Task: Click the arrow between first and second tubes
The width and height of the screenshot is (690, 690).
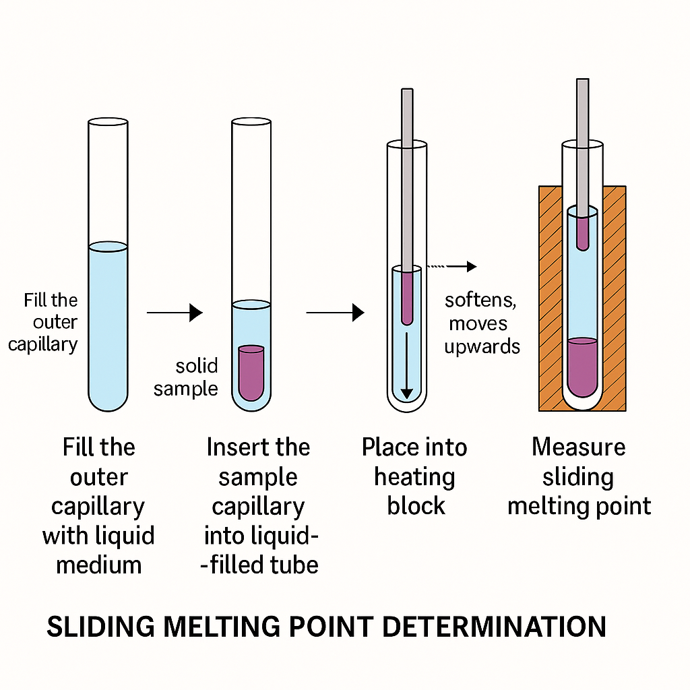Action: click(x=175, y=312)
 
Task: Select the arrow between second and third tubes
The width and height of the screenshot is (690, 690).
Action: click(x=335, y=312)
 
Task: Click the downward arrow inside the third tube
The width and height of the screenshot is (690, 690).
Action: click(x=406, y=364)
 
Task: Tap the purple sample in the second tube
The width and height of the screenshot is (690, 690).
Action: click(x=251, y=372)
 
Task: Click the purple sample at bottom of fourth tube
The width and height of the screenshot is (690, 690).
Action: click(x=583, y=367)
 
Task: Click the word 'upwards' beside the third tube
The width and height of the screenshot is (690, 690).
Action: click(x=485, y=346)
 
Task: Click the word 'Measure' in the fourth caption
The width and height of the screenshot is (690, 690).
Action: click(x=578, y=447)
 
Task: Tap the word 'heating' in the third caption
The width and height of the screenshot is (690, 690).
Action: click(x=414, y=477)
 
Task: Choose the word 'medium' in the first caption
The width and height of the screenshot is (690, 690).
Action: click(x=99, y=565)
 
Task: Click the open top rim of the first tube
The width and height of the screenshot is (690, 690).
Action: click(x=108, y=123)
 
